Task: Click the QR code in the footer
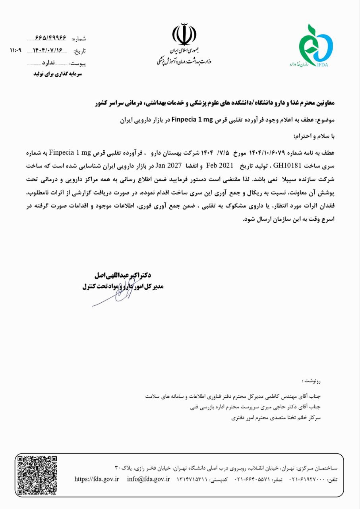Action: point(36,475)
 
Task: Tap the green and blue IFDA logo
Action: point(316,45)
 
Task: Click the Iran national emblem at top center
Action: point(184,36)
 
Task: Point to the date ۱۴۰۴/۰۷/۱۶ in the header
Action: point(48,50)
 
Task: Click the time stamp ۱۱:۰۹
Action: point(15,50)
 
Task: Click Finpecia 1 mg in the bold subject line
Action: point(193,119)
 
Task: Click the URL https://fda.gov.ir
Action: point(97,479)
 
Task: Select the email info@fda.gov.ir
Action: point(148,479)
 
